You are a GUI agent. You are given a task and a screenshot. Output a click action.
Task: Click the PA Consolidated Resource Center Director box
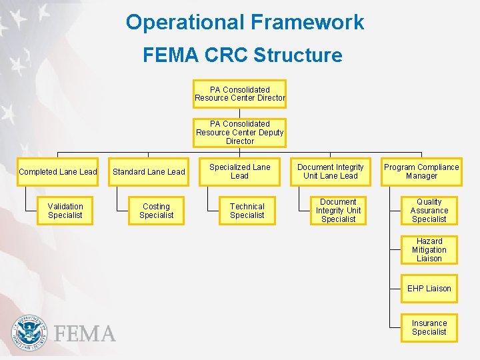[x=239, y=94]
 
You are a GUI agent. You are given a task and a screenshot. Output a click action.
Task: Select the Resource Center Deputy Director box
[x=239, y=133]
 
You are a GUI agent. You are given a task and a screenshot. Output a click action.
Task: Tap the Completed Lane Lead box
[x=58, y=172]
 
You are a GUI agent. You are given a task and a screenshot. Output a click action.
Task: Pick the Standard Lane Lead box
[x=149, y=172]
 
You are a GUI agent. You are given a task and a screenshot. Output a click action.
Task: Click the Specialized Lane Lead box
[x=239, y=172]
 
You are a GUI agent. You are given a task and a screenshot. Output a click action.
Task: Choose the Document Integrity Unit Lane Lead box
[x=330, y=172]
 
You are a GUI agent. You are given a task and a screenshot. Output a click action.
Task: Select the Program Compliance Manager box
[x=421, y=172]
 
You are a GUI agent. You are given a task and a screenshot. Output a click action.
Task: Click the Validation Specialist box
[x=65, y=211]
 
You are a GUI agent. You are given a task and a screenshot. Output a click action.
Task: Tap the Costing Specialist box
[x=157, y=211]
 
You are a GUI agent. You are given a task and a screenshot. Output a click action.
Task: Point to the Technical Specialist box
[x=247, y=211]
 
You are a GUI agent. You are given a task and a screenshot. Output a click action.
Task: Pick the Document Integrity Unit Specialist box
[x=339, y=211]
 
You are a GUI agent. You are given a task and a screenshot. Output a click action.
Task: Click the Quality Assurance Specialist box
[x=429, y=211]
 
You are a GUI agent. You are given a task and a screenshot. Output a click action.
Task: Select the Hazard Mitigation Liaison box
[x=429, y=250]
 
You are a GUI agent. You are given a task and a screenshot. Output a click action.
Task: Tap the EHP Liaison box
[x=429, y=289]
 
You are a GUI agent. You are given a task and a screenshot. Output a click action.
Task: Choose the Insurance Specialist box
[x=429, y=327]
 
